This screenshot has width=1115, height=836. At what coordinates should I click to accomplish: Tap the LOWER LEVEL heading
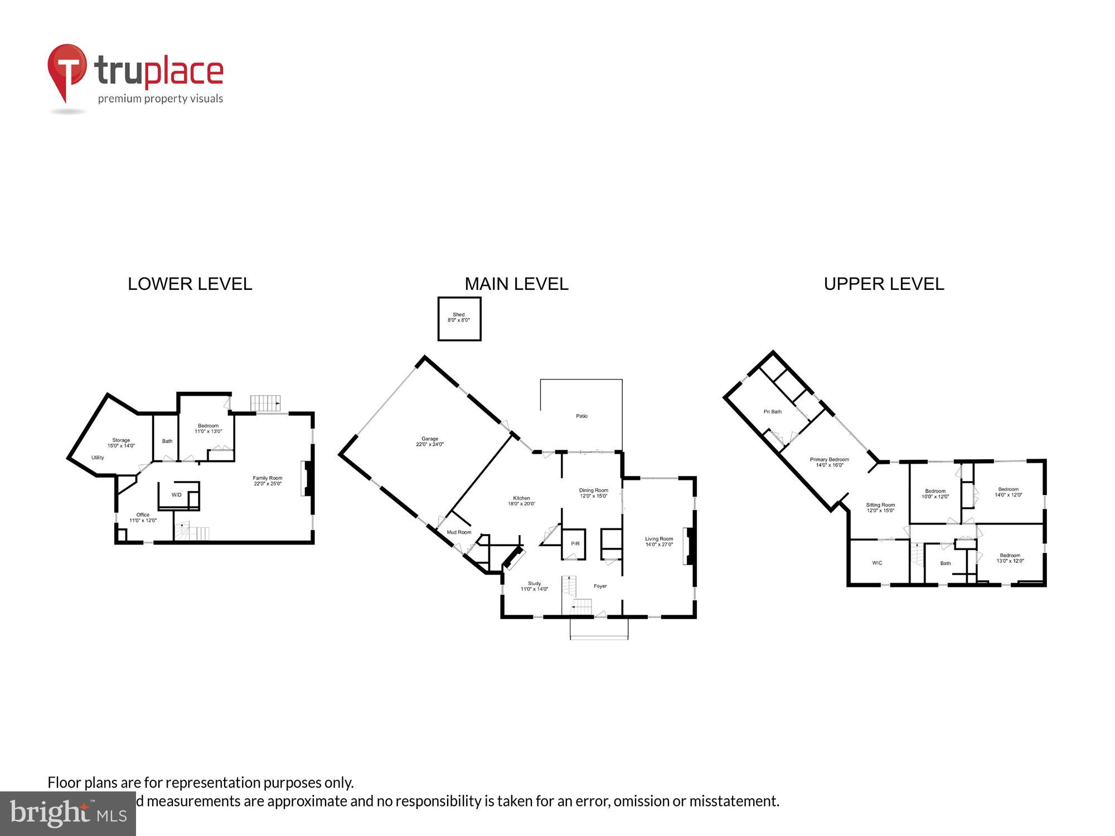pos(190,284)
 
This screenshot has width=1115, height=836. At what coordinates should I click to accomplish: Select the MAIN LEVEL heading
pos(516,284)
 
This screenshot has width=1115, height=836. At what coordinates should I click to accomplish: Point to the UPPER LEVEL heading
pos(884,284)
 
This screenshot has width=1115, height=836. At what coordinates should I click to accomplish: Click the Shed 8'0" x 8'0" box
pos(459,318)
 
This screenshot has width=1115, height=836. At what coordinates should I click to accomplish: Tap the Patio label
pos(581,416)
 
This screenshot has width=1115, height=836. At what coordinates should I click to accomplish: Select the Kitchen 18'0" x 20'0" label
pos(521,501)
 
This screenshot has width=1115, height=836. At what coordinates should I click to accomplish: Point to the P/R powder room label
pos(575,544)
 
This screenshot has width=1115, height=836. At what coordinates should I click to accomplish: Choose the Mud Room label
pos(459,532)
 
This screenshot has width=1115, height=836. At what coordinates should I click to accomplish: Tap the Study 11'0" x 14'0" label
pos(534,586)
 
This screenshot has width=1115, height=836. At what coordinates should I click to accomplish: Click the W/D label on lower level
pos(176,495)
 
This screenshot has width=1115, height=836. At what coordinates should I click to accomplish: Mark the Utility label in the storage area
pos(98,458)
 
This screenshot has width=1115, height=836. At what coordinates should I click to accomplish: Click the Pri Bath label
pos(772,412)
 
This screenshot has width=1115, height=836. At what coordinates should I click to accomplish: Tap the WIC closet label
pos(877,563)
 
